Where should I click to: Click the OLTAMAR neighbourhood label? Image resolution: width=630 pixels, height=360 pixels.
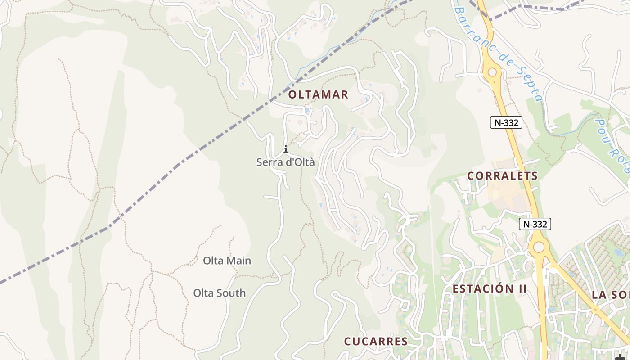(x=318, y=94)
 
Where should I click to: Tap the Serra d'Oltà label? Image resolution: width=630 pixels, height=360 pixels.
(x=285, y=162)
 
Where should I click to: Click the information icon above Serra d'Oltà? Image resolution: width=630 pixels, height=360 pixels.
(x=285, y=149)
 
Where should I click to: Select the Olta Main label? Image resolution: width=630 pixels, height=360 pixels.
(x=227, y=261)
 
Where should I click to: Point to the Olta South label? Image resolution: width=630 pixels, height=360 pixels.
(x=220, y=293)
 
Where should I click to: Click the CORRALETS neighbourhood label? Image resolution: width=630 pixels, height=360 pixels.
(x=502, y=175)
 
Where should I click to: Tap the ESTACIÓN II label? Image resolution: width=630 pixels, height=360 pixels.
(x=489, y=288)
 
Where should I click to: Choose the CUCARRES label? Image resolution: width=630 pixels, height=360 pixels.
(x=376, y=341)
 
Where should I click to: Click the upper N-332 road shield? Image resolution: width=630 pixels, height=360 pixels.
(x=506, y=122)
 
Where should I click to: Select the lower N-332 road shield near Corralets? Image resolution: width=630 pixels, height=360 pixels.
(x=535, y=224)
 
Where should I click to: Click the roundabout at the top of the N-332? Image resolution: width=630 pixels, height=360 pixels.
(x=492, y=72)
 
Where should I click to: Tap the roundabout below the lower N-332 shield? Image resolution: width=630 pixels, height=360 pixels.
(x=538, y=247)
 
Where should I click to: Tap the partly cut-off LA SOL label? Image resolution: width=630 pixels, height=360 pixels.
(x=610, y=295)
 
